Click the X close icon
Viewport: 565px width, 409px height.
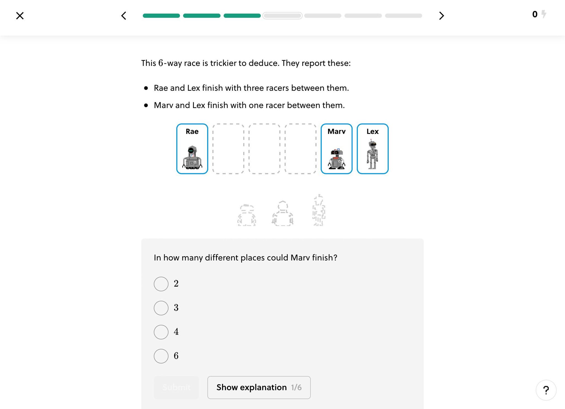click(x=20, y=16)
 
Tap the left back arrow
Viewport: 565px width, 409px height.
click(x=124, y=16)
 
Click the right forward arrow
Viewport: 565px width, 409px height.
click(x=441, y=16)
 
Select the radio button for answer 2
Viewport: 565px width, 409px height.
click(x=161, y=284)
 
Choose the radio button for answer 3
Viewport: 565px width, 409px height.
click(x=161, y=308)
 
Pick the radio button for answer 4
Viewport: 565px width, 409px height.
click(x=161, y=332)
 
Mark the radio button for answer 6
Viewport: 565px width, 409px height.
click(x=161, y=356)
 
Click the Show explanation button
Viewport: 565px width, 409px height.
click(x=259, y=387)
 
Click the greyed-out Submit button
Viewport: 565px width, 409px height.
click(x=176, y=387)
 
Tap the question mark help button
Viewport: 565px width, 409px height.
click(x=546, y=390)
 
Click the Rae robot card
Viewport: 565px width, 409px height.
click(x=192, y=149)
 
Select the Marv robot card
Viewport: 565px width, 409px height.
click(x=336, y=149)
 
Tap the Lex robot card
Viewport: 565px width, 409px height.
click(x=372, y=149)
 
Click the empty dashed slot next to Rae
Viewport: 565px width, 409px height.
click(x=228, y=149)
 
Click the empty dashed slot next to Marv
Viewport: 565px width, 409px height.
click(x=300, y=149)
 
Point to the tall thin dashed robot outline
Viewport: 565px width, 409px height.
click(x=319, y=210)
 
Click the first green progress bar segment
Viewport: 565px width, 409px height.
click(x=161, y=16)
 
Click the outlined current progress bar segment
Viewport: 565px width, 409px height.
click(x=282, y=16)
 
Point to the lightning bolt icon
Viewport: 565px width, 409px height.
click(x=544, y=14)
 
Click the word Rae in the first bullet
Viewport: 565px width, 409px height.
click(x=161, y=88)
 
